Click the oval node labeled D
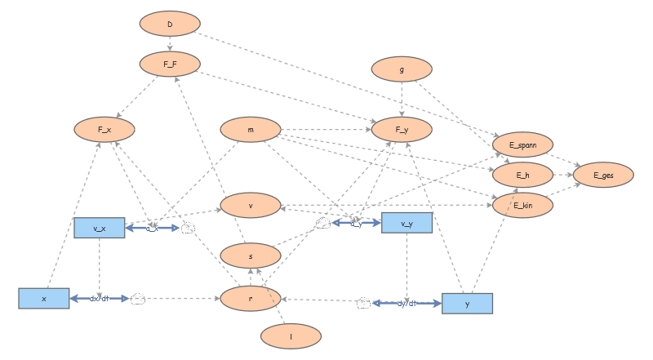pos(170,24)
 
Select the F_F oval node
pos(170,63)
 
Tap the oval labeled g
pos(402,69)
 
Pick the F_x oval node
pos(104,129)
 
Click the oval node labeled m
pos(251,129)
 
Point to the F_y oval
pos(402,129)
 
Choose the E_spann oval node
pos(522,144)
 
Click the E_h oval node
pos(522,174)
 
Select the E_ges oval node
pos(603,174)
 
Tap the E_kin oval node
pos(522,204)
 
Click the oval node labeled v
pos(251,204)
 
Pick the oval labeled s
pos(251,256)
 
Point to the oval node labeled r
pos(251,299)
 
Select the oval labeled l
pos(291,335)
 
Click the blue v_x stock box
pos(99,228)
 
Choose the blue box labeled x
pos(44,299)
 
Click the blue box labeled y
pos(467,303)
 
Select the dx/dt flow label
pos(99,299)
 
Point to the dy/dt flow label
pos(406,303)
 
